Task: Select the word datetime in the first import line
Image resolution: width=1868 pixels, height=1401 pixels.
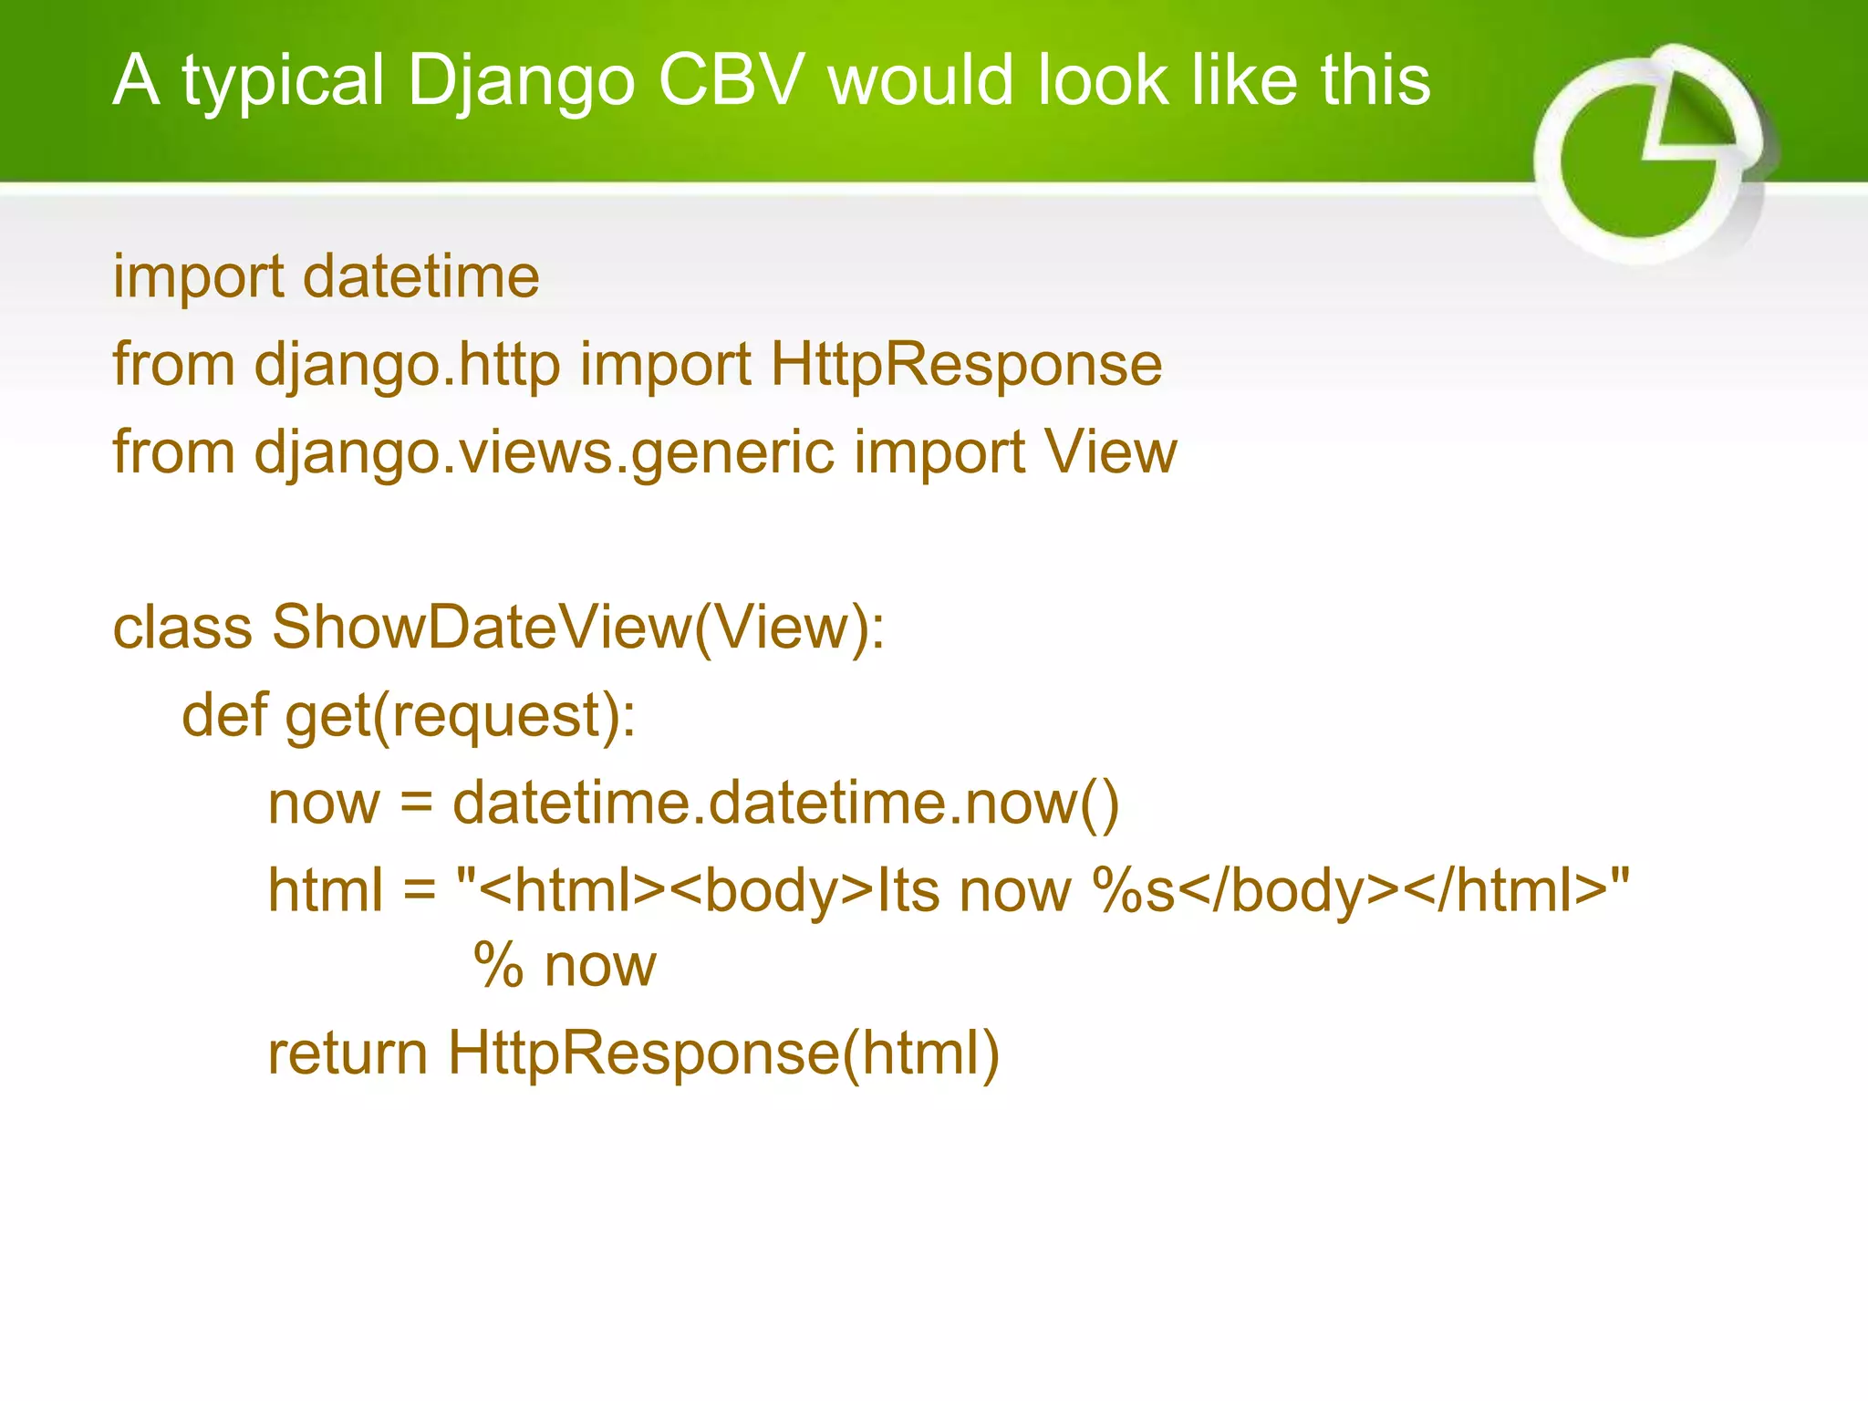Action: [x=420, y=276]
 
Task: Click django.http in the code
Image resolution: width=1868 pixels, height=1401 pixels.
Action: [x=407, y=365]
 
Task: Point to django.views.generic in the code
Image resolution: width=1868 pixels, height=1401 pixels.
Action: [x=544, y=453]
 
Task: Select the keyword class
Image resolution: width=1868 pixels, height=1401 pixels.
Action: [x=182, y=628]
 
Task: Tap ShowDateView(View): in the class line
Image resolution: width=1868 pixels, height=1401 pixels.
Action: [x=578, y=628]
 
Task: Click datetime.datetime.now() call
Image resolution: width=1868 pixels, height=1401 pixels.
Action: [x=785, y=804]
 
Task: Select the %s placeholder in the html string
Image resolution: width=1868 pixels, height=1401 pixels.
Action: [x=1134, y=891]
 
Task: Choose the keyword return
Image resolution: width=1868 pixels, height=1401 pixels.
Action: [x=348, y=1053]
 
